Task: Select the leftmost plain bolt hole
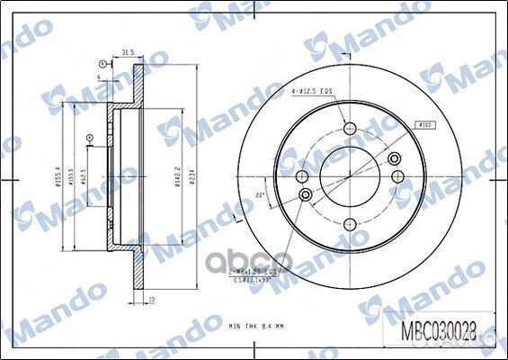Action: tap(306, 194)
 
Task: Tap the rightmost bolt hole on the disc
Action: tap(394, 158)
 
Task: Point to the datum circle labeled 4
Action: tap(89, 138)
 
